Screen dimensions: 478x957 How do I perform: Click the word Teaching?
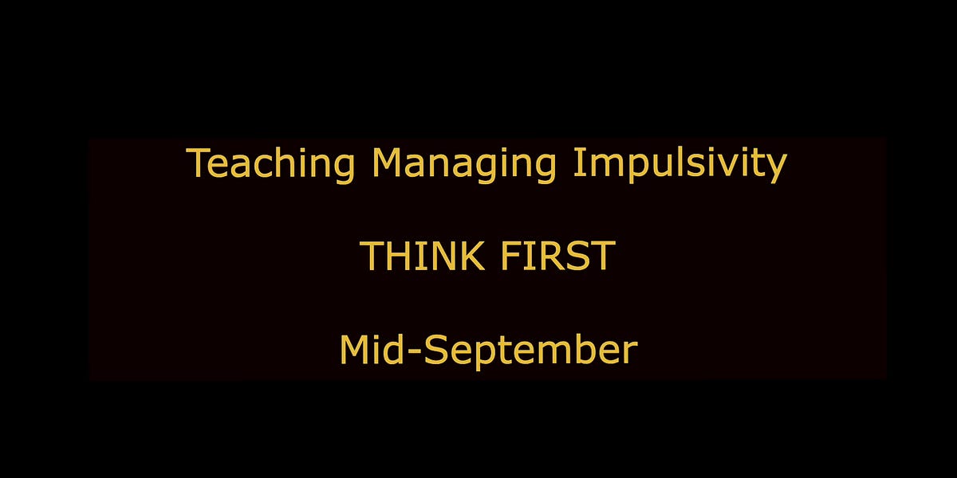click(x=270, y=163)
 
